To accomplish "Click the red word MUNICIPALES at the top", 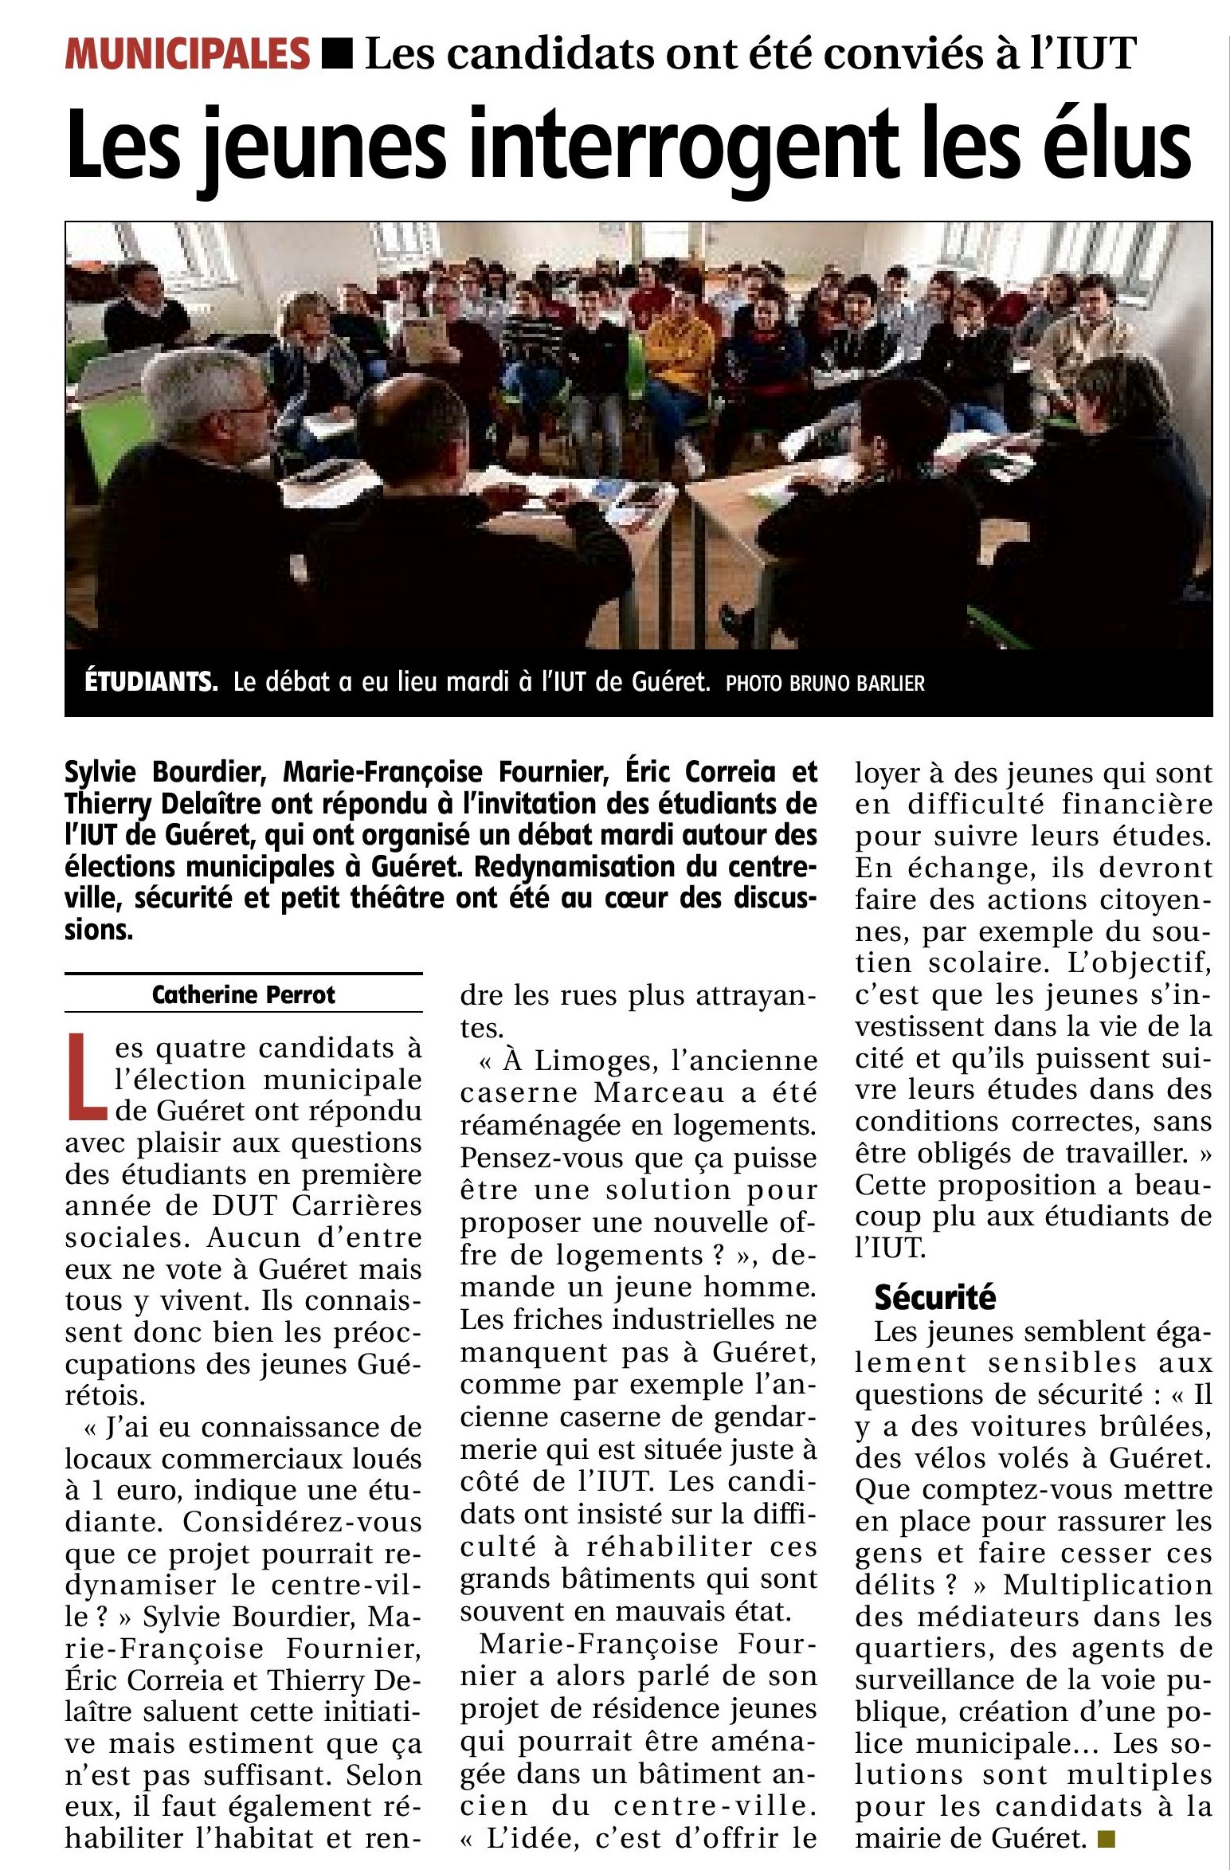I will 187,54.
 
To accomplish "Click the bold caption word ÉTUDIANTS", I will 151,682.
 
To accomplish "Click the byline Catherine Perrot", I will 243,994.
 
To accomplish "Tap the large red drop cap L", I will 86,1075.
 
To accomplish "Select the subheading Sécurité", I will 934,1298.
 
